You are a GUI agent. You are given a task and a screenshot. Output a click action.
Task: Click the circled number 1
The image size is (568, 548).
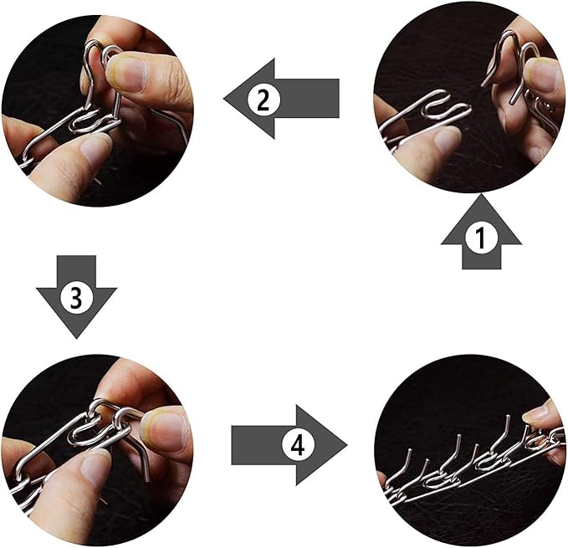click(481, 238)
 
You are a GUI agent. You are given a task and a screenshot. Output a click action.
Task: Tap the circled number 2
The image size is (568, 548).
click(264, 99)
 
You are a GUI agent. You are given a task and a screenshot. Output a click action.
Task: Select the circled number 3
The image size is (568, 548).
click(76, 297)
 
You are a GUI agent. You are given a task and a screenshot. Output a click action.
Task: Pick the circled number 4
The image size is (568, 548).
click(298, 445)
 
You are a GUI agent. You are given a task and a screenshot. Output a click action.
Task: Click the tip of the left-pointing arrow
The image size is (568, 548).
click(224, 99)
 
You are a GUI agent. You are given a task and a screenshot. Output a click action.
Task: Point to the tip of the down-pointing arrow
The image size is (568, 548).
click(76, 339)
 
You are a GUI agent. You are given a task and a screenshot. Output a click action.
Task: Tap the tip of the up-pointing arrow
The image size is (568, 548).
click(481, 194)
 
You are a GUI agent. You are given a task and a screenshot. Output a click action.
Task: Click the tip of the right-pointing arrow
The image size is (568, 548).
click(347, 445)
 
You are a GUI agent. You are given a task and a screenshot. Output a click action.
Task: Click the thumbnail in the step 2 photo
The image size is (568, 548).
click(129, 74)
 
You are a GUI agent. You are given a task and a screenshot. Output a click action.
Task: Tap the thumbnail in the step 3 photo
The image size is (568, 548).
click(165, 431)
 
